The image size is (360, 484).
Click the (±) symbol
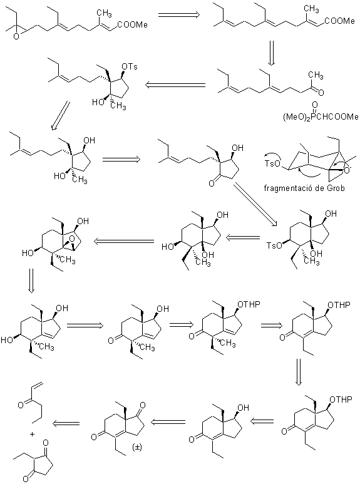pos(136,447)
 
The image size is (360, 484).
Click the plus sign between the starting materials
pos(33,434)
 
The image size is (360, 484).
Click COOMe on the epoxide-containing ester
pos(135,24)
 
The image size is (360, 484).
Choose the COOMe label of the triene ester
pos(342,21)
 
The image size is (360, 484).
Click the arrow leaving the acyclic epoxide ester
pos(179,15)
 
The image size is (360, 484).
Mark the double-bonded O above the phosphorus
pos(314,105)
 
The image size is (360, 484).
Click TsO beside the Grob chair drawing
pos(272,163)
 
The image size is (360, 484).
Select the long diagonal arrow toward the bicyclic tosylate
pos(256,203)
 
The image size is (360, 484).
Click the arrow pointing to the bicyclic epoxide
pos(123,241)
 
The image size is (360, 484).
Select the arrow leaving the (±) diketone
pos(66,423)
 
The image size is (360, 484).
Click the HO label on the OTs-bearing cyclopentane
pos(98,102)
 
